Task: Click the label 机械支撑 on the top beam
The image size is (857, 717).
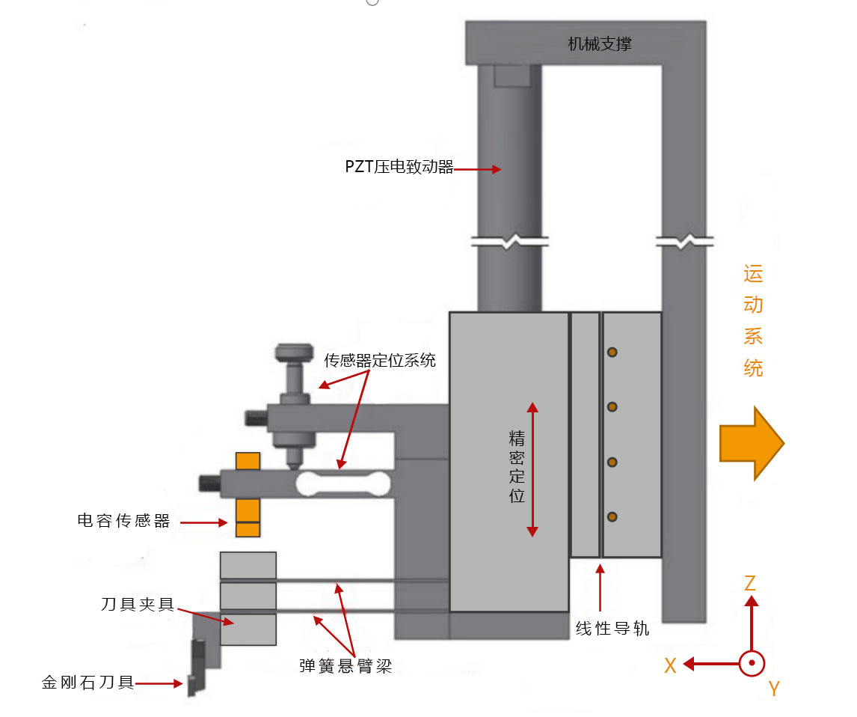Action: [599, 44]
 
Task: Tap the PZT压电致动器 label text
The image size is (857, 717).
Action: [399, 168]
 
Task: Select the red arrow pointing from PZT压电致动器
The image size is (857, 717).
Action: [478, 170]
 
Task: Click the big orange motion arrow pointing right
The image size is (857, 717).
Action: [751, 443]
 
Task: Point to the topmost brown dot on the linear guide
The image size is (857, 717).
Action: [612, 352]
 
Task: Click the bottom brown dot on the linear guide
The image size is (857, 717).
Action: [612, 516]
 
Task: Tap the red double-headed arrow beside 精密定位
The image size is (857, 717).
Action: [532, 469]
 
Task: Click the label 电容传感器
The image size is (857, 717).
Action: [124, 522]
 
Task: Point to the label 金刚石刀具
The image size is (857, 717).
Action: [88, 683]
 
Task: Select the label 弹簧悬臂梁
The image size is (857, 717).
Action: [345, 665]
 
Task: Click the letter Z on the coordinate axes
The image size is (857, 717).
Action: [750, 583]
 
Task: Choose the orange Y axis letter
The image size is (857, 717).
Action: [774, 689]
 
